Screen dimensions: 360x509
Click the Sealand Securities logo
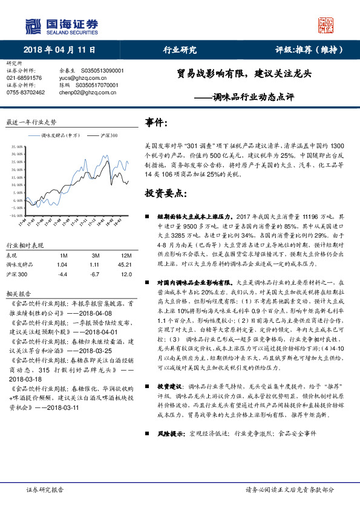click(61, 26)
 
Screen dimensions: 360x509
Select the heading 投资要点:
click(165, 194)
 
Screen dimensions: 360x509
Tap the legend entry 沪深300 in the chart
click(109, 136)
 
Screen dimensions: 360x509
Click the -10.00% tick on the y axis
click(14, 215)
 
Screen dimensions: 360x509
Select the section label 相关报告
click(18, 294)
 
